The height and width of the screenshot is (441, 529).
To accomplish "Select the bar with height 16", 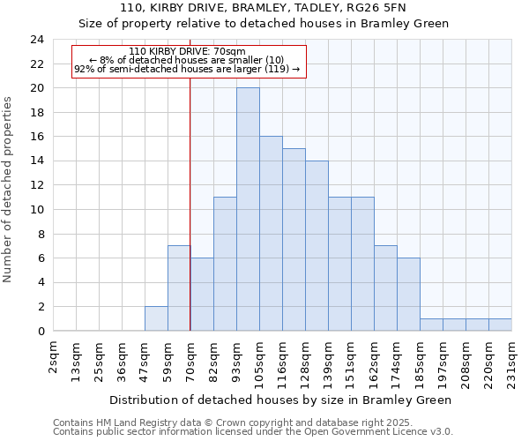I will pos(271,234).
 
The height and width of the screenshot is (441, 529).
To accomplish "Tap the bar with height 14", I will pos(317,246).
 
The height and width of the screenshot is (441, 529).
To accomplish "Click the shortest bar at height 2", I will pos(156,318).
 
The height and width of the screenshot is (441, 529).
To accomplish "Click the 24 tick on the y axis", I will pos(36,40).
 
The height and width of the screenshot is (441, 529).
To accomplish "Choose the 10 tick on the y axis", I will pos(36,210).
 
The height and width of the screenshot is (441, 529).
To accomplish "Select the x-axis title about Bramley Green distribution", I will pos(280,400).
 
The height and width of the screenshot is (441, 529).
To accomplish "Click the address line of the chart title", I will pos(264,8).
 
